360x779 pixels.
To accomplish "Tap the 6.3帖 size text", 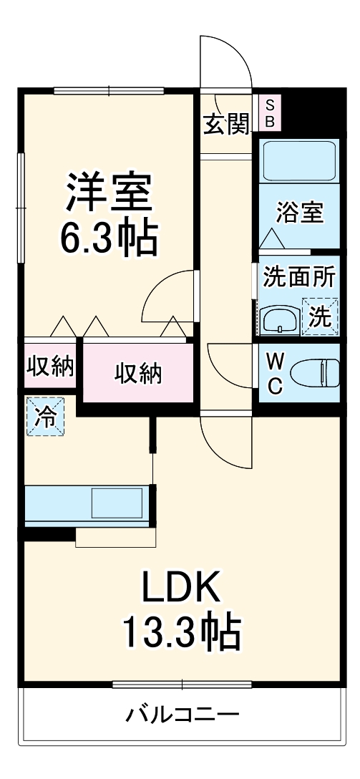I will point(109,238).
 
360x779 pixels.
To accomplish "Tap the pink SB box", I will point(270,113).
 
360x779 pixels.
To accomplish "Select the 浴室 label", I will point(301,213).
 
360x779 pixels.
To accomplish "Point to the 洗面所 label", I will point(298,277).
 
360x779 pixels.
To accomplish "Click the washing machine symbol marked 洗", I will point(319,315).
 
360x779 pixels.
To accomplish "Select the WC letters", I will point(274,372).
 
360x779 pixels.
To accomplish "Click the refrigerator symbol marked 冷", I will point(44,417).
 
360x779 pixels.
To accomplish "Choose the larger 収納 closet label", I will point(138,374).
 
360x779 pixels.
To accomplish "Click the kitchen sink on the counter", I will point(117,503).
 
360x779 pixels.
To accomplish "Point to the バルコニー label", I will point(183,714).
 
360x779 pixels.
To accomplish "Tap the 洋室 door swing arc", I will point(167,299).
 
